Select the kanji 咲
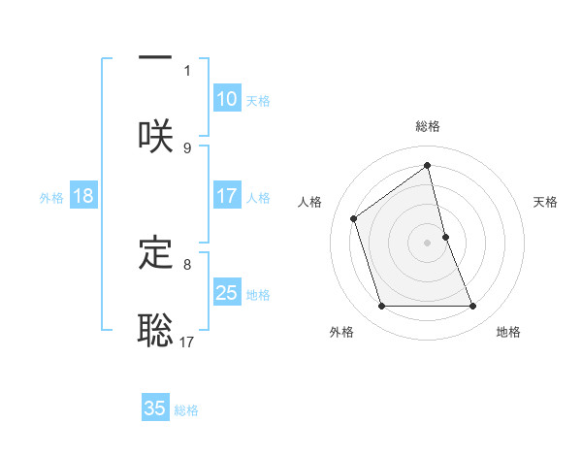coord(155,136)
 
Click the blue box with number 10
coord(227,99)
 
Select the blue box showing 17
coord(227,196)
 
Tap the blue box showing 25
coord(227,293)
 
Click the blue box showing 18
coord(83,196)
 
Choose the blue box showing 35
coord(155,408)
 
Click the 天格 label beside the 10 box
coord(257,101)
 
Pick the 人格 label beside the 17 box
coord(257,198)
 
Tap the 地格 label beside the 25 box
coord(257,295)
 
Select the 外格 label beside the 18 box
coord(51,198)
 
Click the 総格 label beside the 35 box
coord(186,410)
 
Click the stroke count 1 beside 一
coord(187,70)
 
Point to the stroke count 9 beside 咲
coord(187,147)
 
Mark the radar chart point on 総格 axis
coord(427,165)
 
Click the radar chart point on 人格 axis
coord(354,217)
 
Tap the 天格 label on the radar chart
coord(546,202)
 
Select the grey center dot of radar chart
coord(427,242)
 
